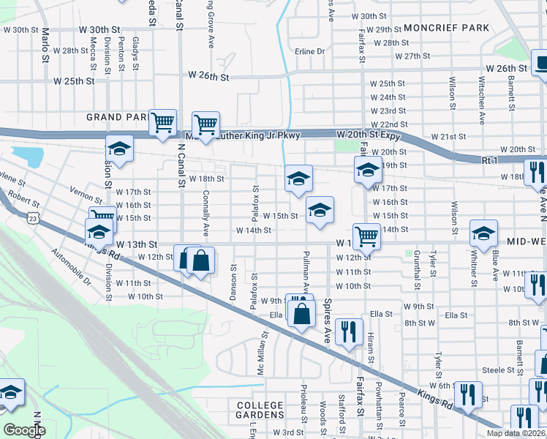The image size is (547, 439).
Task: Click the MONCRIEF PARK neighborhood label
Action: pyautogui.click(x=445, y=28)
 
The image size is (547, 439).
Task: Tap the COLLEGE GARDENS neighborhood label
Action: pyautogui.click(x=260, y=410)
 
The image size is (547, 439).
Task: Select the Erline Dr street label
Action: pyautogui.click(x=309, y=51)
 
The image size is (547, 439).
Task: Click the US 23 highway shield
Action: pyautogui.click(x=31, y=217)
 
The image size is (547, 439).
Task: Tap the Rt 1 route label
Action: pyautogui.click(x=489, y=160)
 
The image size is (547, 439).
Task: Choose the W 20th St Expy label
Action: pyautogui.click(x=371, y=135)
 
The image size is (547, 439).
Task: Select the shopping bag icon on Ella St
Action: pyautogui.click(x=301, y=315)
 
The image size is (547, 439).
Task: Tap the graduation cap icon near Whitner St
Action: pyautogui.click(x=483, y=233)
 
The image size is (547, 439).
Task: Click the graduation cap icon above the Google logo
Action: pyautogui.click(x=10, y=394)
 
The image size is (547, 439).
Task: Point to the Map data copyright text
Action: pyautogui.click(x=520, y=433)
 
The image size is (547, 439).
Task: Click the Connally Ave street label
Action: pyautogui.click(x=206, y=216)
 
